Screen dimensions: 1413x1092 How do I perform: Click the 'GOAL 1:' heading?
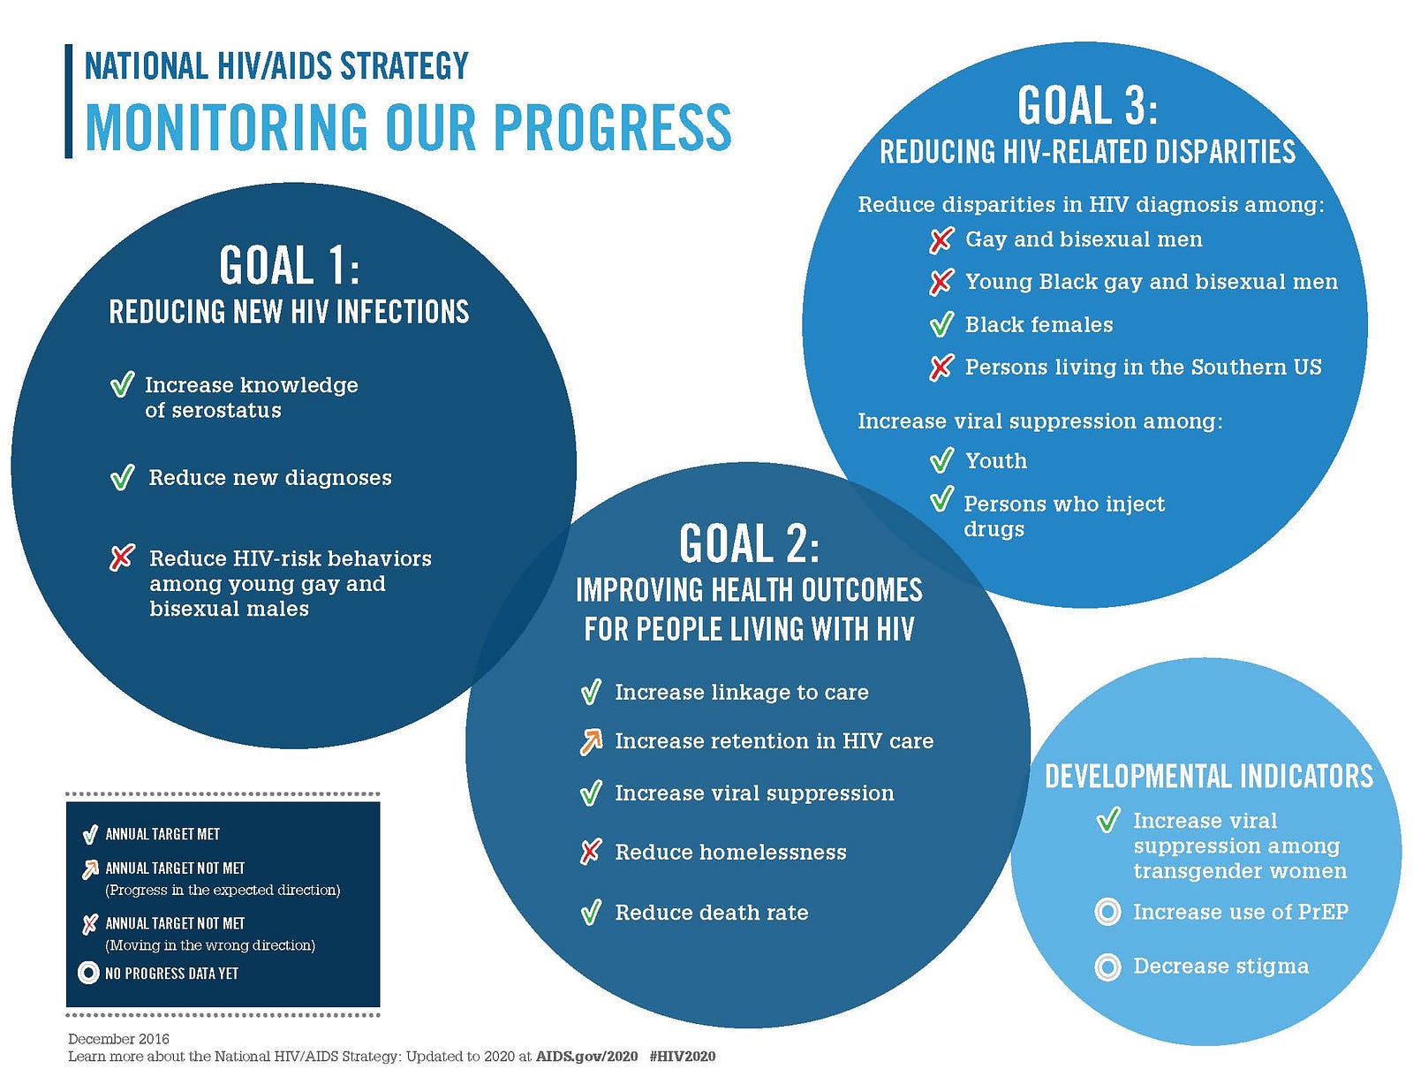(x=290, y=265)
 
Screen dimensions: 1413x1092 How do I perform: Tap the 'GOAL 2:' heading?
(x=749, y=543)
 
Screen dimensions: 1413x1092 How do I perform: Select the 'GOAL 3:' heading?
(x=1087, y=105)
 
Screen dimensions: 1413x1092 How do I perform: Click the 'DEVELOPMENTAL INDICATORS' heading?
(x=1209, y=777)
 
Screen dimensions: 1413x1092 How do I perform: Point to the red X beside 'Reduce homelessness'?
(x=591, y=852)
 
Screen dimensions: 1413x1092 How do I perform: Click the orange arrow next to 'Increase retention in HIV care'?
(x=591, y=742)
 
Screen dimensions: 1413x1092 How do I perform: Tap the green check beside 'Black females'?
(x=941, y=324)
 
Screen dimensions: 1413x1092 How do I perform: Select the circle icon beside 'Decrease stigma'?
(x=1107, y=967)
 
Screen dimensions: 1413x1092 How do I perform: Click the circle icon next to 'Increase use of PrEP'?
(x=1107, y=912)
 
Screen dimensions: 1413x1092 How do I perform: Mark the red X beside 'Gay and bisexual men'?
(x=941, y=240)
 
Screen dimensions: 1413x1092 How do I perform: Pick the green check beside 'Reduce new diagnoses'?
(x=122, y=477)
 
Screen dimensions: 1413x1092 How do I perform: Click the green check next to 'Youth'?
(x=941, y=459)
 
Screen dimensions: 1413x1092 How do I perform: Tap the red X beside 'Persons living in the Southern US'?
(x=941, y=368)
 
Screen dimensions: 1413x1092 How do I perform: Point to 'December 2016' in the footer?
(x=118, y=1039)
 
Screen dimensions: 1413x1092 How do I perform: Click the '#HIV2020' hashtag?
(x=682, y=1057)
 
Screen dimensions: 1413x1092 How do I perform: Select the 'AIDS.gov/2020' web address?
(x=586, y=1057)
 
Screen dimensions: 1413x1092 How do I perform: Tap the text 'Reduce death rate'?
(x=712, y=913)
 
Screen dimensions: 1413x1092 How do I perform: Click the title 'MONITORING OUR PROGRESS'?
(x=408, y=126)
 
